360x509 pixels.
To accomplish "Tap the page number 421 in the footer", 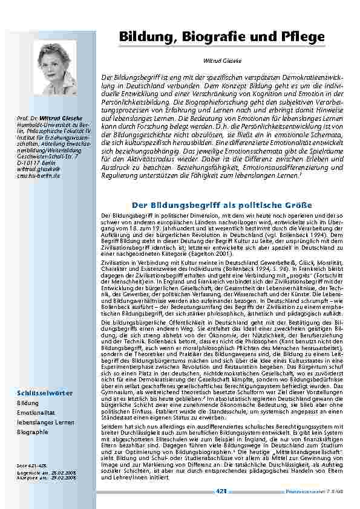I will (x=221, y=491).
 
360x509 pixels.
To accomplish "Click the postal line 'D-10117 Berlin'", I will (x=32, y=163).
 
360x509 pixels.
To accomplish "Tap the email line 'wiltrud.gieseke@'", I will (x=36, y=169).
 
